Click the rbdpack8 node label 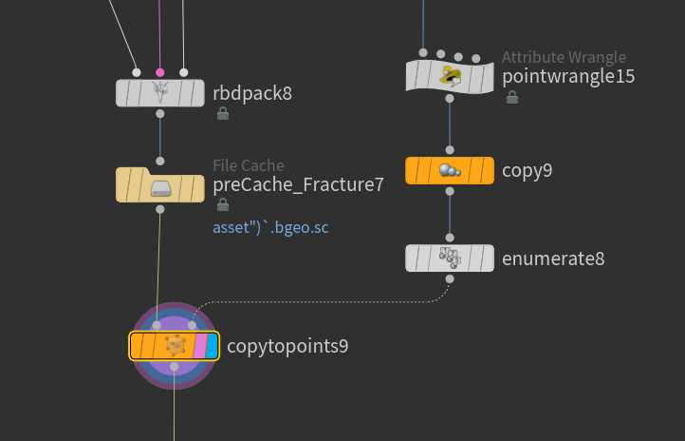pyautogui.click(x=252, y=93)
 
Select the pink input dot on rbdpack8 pyautogui.click(x=160, y=72)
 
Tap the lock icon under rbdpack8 pyautogui.click(x=223, y=113)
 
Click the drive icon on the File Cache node pyautogui.click(x=160, y=188)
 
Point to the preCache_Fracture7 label pyautogui.click(x=298, y=184)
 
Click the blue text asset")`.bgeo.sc pyautogui.click(x=270, y=227)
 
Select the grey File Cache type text pyautogui.click(x=249, y=165)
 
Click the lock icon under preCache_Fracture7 pyautogui.click(x=223, y=204)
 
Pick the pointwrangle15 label pyautogui.click(x=568, y=77)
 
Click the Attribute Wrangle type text pyautogui.click(x=564, y=57)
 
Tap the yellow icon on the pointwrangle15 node pyautogui.click(x=450, y=76)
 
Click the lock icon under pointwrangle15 pyautogui.click(x=512, y=97)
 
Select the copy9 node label pyautogui.click(x=527, y=170)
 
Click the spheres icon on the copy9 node pyautogui.click(x=450, y=170)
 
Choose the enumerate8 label pyautogui.click(x=553, y=259)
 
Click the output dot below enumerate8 pyautogui.click(x=450, y=278)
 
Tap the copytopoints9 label pyautogui.click(x=287, y=346)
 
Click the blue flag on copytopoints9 pyautogui.click(x=212, y=346)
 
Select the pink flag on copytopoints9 pyautogui.click(x=200, y=346)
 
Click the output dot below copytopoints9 pyautogui.click(x=174, y=366)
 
